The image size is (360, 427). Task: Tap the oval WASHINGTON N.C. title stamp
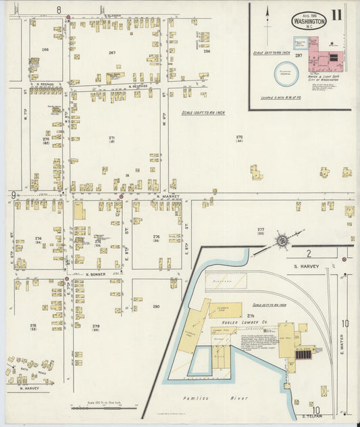pos(309,20)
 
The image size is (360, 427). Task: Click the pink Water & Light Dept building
pos(326,59)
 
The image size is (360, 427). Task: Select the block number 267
pos(111,52)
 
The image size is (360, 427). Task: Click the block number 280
pos(156,306)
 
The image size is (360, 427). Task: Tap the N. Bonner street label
pos(97,274)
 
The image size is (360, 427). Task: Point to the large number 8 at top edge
pos(59,9)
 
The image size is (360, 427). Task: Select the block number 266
pos(45,49)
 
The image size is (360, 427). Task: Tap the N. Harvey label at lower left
pos(30,388)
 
